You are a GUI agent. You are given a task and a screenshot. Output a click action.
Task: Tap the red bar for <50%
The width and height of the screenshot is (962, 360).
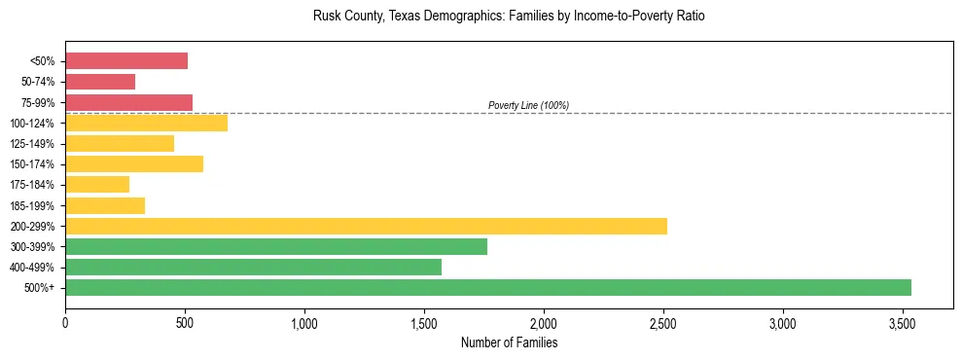click(x=126, y=61)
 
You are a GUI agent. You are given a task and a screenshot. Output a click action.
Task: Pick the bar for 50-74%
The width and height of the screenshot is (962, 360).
click(x=100, y=82)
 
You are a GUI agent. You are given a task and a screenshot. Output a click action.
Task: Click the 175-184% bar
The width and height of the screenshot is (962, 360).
click(x=97, y=184)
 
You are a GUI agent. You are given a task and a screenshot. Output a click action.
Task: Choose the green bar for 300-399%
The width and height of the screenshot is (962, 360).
click(x=276, y=246)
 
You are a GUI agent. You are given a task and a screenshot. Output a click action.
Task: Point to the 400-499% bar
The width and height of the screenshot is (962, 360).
click(x=253, y=267)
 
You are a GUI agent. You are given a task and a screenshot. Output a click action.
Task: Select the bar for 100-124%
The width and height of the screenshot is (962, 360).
click(x=146, y=123)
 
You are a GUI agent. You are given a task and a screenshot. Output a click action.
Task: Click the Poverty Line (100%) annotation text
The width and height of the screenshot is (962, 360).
click(x=528, y=105)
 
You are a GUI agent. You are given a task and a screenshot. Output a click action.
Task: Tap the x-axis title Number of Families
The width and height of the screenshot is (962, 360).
click(x=509, y=342)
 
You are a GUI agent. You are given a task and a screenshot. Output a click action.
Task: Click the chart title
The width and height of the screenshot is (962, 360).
click(x=509, y=17)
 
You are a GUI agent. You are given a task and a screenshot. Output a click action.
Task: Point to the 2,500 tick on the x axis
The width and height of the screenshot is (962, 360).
click(x=663, y=323)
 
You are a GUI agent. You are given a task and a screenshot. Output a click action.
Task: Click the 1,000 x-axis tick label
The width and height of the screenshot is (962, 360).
click(x=304, y=323)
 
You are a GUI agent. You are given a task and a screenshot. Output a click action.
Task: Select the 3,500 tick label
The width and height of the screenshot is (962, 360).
click(x=903, y=323)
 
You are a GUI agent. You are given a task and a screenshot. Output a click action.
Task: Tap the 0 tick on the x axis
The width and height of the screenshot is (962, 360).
click(x=65, y=323)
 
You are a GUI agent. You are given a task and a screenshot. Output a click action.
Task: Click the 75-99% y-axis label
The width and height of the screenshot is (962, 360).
click(x=38, y=103)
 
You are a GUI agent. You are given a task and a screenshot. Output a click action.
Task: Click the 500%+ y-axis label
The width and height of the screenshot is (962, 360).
click(x=41, y=288)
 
